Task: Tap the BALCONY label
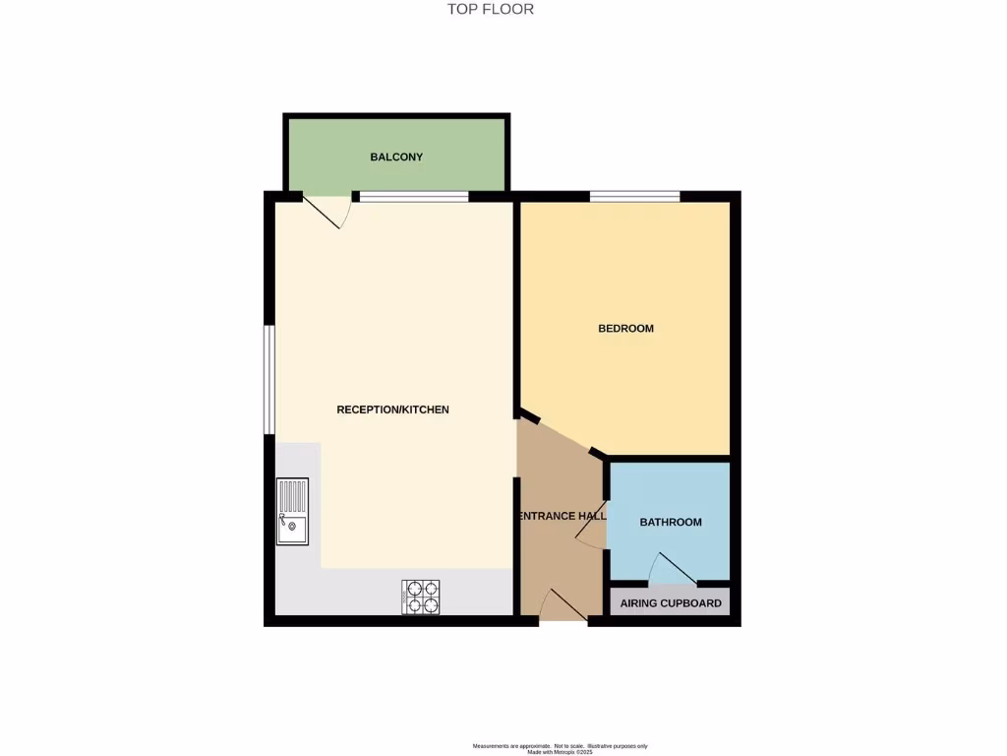coord(396,157)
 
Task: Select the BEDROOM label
coord(625,328)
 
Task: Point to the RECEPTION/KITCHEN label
coord(392,409)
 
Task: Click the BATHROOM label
coord(671,522)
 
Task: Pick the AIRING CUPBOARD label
coord(671,603)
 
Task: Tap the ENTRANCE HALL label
coord(562,516)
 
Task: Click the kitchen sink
coord(292,512)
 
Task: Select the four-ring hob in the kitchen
coord(421,597)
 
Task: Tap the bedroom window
coord(634,197)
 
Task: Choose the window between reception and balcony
coord(413,197)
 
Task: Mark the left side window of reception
coord(268,379)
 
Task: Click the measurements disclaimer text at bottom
coord(560,747)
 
